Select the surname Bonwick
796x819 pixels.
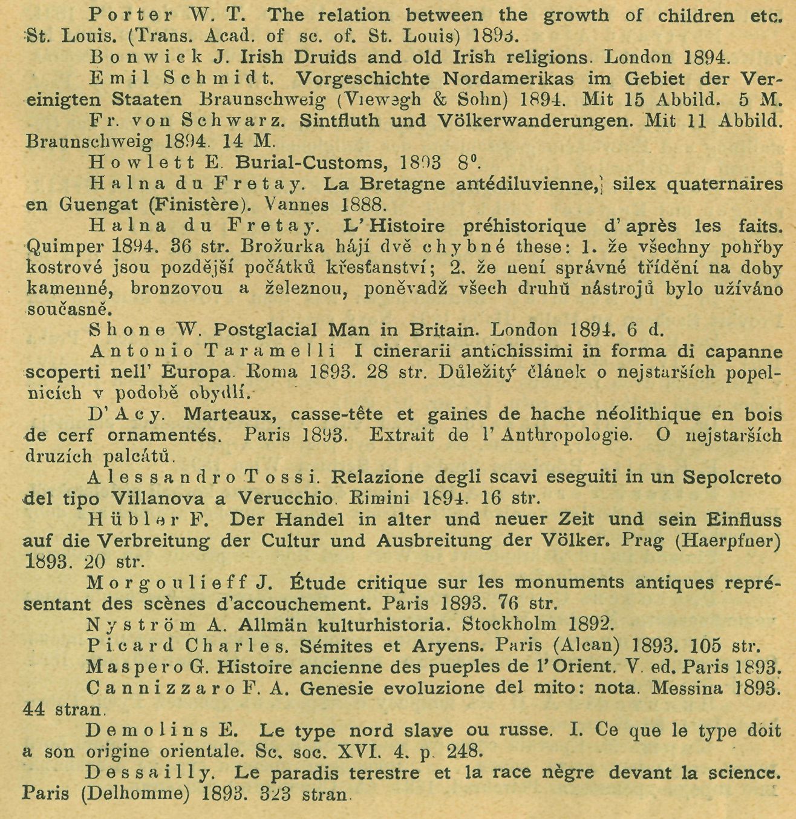[x=127, y=57]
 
